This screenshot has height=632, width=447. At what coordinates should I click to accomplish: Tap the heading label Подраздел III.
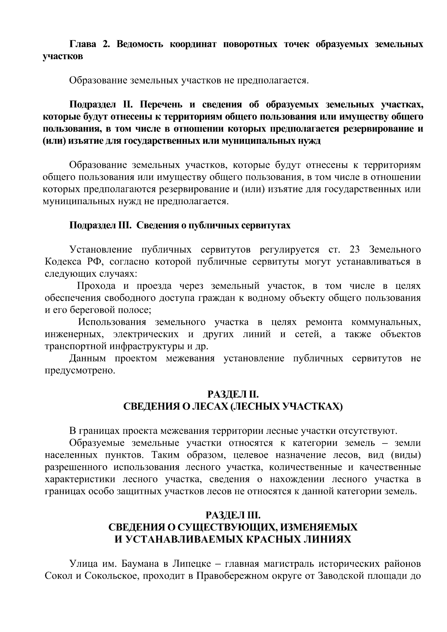click(x=99, y=226)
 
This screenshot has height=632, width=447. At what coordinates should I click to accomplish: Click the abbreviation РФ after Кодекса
click(x=93, y=261)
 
